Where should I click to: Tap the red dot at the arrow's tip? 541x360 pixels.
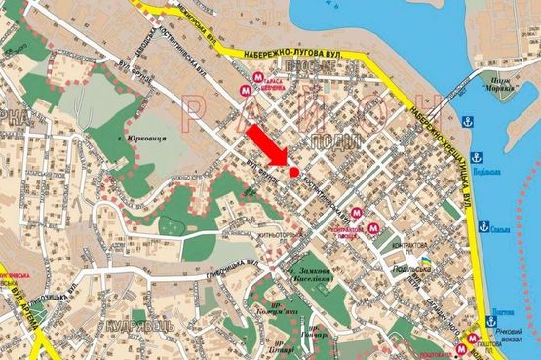click(x=293, y=173)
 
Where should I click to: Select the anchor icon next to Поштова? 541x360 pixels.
click(x=485, y=323)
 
